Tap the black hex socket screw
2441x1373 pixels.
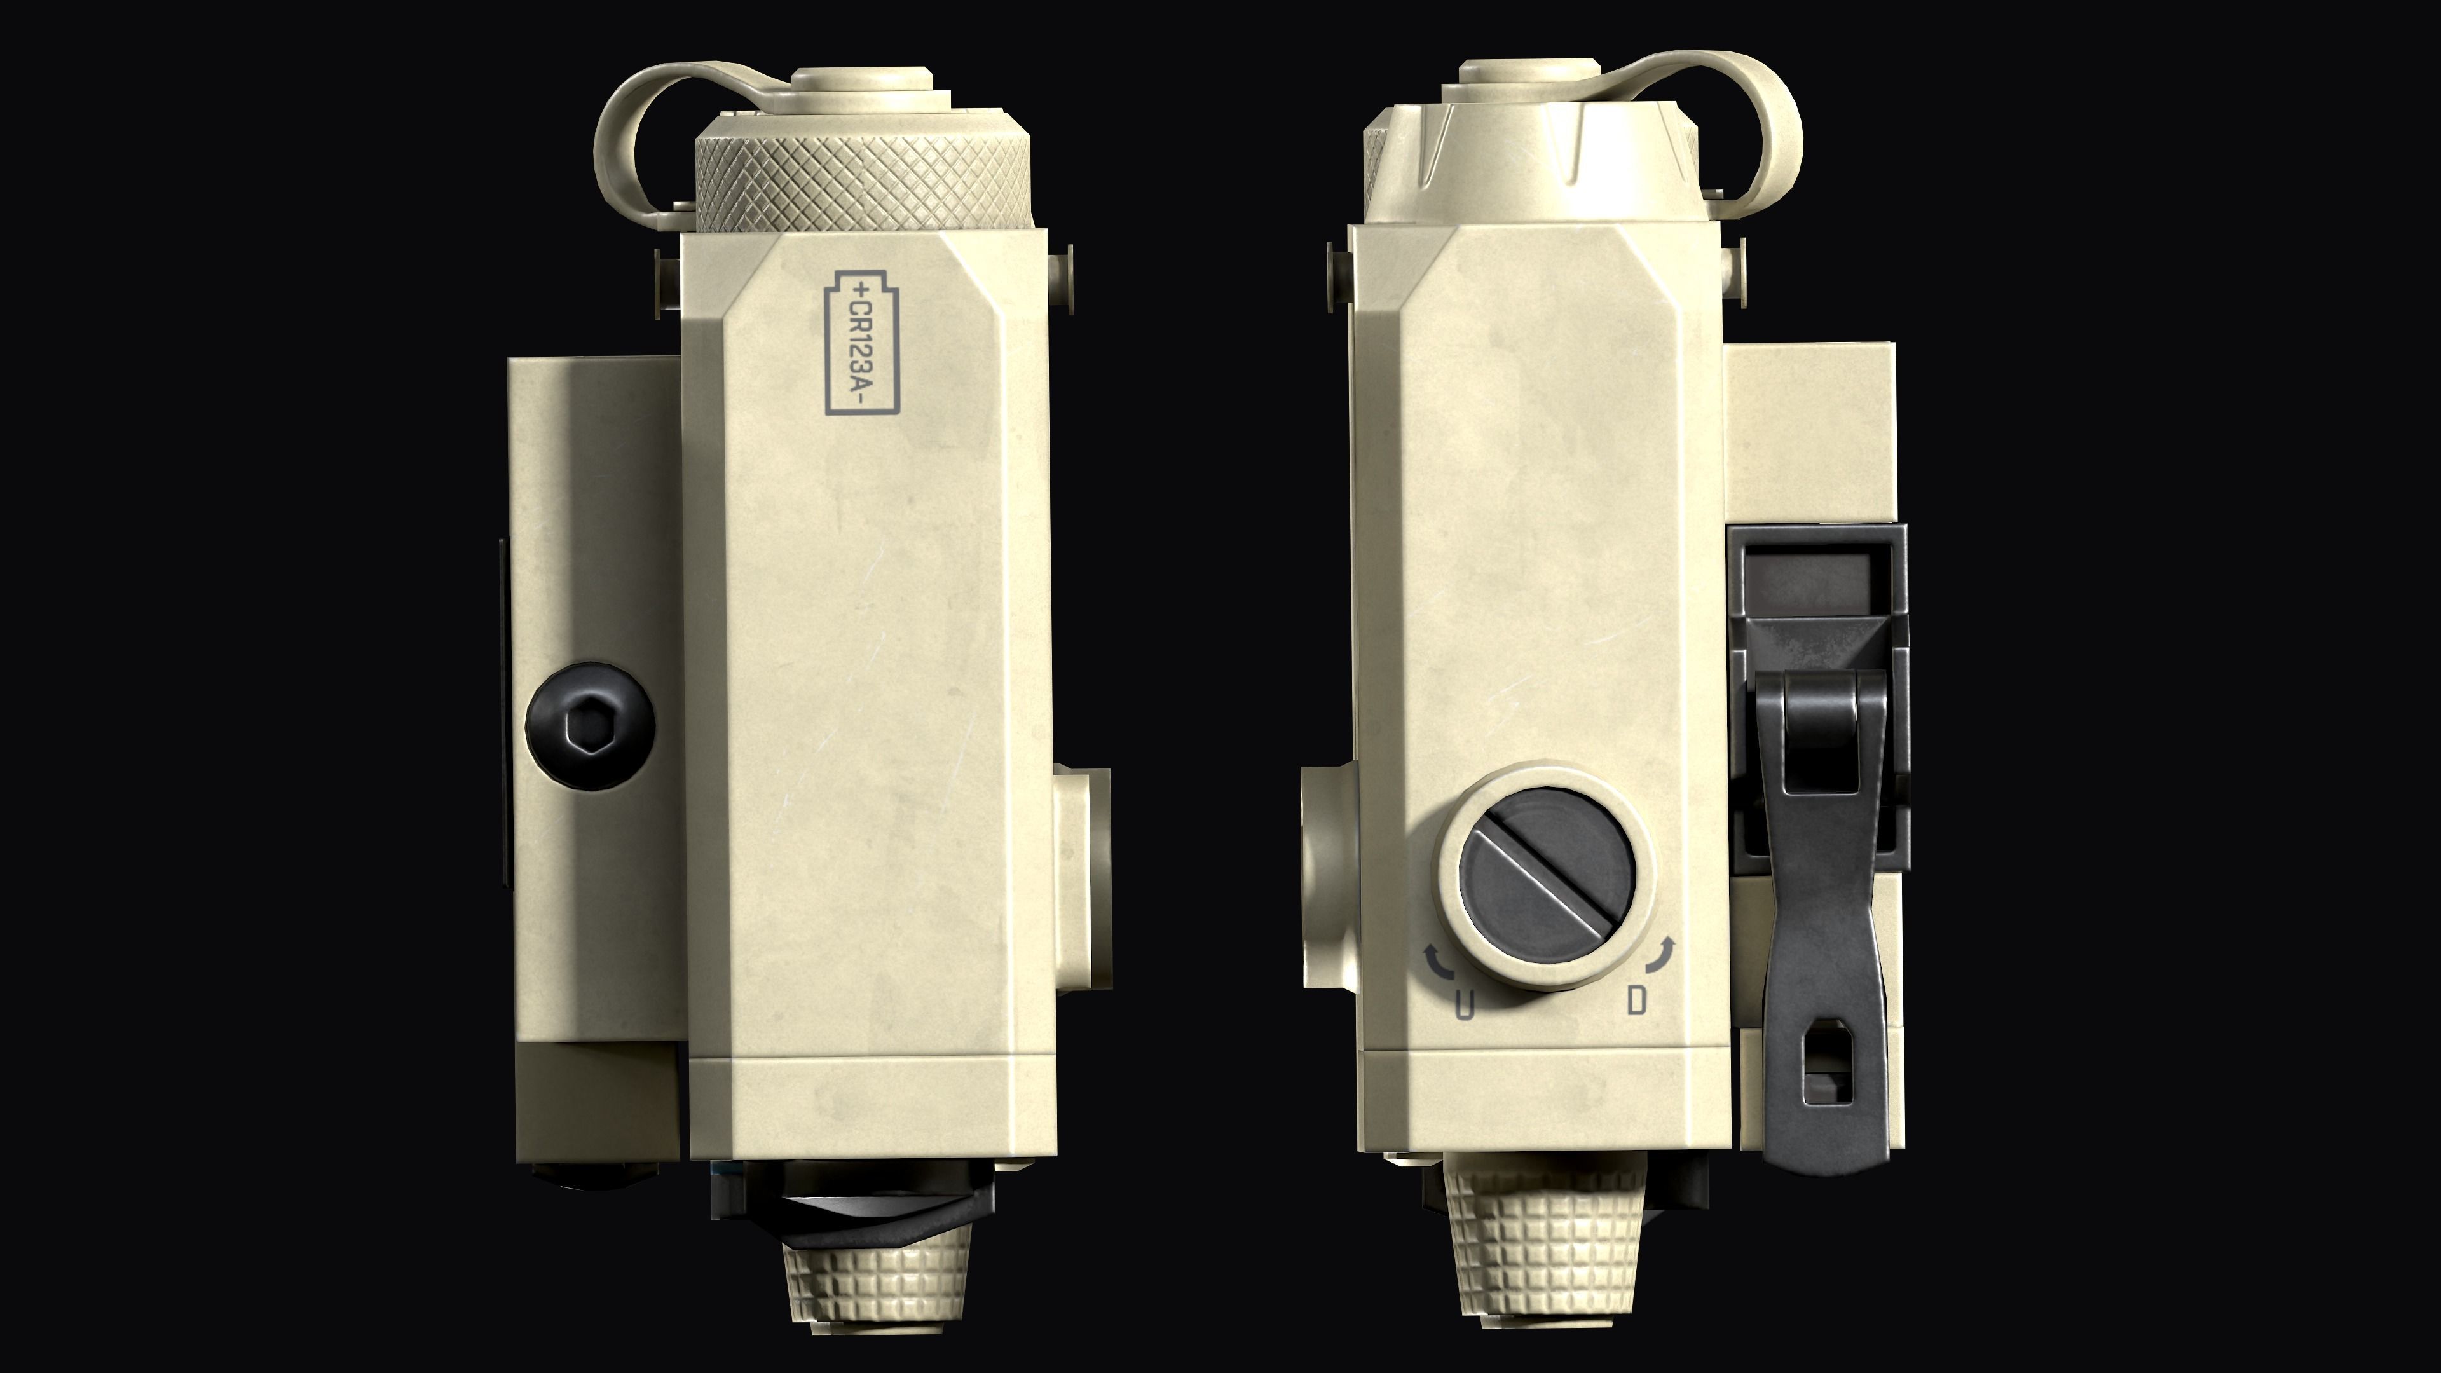(589, 723)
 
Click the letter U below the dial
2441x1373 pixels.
(1465, 1004)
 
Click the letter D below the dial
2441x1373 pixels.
(1636, 1000)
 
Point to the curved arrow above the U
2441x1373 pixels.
(1439, 962)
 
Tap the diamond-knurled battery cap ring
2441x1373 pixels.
(863, 180)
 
